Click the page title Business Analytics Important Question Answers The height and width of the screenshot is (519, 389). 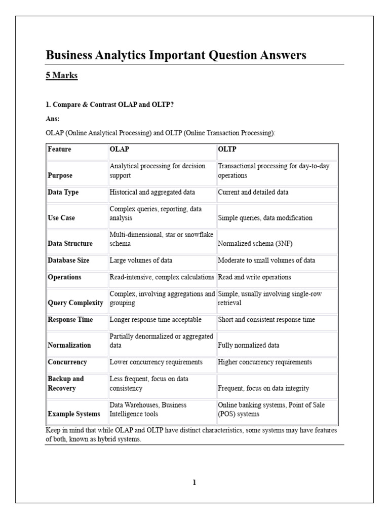176,55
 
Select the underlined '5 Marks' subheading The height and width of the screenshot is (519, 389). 62,76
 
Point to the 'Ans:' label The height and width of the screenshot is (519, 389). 53,119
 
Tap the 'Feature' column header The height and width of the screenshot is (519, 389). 59,150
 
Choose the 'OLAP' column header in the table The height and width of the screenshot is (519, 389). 119,150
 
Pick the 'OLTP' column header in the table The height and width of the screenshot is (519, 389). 227,150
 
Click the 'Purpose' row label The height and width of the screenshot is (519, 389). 60,175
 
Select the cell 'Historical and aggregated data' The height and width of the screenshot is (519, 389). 152,193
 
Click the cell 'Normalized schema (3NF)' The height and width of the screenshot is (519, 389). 255,244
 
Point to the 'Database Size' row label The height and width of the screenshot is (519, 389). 68,261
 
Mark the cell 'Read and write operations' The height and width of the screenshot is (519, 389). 254,277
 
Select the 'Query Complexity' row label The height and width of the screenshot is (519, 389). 75,303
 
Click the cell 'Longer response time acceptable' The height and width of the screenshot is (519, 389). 155,320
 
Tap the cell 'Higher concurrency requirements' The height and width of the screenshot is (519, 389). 265,362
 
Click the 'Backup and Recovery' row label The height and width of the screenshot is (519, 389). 66,384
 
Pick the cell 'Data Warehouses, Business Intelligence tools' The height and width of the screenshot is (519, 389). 148,410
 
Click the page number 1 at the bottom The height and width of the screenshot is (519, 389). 194,483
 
